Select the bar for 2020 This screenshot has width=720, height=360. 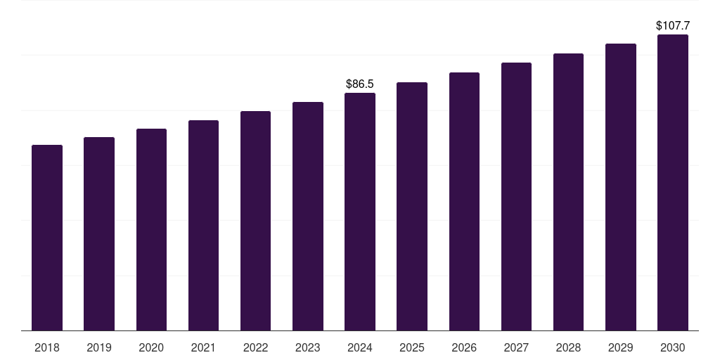click(151, 230)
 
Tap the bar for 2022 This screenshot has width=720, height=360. click(255, 221)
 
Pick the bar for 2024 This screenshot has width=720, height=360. click(360, 212)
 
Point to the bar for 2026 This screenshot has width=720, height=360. click(464, 202)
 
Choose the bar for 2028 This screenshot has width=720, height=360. click(568, 192)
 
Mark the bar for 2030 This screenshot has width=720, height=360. click(673, 183)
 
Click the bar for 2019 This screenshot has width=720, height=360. click(99, 234)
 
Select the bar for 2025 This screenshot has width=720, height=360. click(412, 207)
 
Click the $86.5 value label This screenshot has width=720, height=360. click(360, 84)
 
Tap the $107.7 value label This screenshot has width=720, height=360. click(673, 26)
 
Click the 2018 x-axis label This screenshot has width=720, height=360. click(47, 347)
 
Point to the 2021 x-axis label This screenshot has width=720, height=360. click(203, 347)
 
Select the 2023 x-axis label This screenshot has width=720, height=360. click(308, 347)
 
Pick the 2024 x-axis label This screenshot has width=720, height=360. click(360, 347)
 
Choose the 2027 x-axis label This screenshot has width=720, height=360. click(516, 347)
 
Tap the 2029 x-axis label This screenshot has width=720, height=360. click(621, 347)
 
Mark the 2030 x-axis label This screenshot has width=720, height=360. click(673, 347)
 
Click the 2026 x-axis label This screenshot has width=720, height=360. click(464, 347)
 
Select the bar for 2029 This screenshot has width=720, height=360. click(621, 187)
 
